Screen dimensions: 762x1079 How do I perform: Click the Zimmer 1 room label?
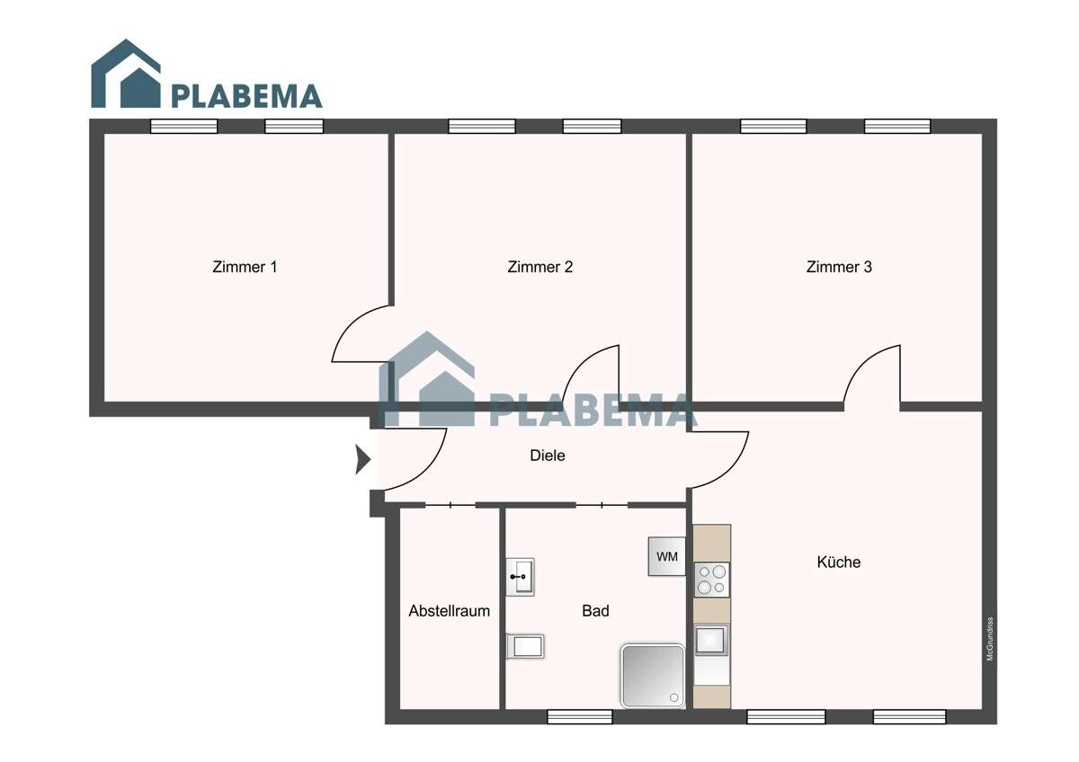(245, 267)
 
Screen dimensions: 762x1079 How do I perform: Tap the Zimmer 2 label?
(539, 267)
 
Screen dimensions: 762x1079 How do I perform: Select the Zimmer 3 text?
(839, 267)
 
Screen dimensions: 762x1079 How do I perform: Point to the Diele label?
(548, 456)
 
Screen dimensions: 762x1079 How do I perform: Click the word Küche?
(838, 563)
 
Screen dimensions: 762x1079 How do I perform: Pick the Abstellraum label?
(449, 611)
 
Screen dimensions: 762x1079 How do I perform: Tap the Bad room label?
(595, 611)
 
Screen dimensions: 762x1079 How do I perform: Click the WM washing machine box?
(667, 556)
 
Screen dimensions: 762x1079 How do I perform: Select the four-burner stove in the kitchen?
(712, 580)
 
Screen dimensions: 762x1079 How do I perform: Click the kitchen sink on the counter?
(711, 640)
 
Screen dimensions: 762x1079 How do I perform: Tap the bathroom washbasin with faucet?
(521, 576)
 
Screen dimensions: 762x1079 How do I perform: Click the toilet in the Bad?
(525, 645)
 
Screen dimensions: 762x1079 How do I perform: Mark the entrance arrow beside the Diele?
(362, 459)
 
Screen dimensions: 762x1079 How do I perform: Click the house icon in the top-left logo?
(126, 75)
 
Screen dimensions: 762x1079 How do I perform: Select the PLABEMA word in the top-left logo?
(245, 95)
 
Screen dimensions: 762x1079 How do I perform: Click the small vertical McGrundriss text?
(989, 639)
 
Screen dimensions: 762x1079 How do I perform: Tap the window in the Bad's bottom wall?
(580, 716)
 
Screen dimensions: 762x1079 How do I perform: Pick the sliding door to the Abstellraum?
(450, 506)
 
